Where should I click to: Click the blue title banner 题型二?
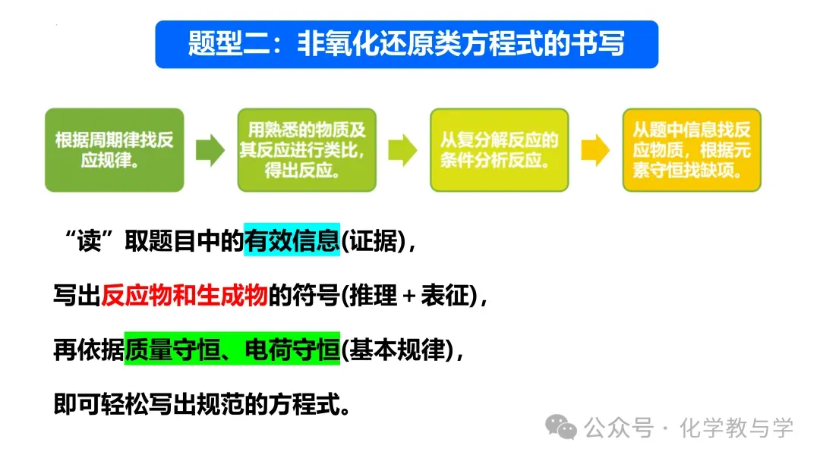pos(406,44)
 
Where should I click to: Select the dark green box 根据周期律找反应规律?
pos(115,150)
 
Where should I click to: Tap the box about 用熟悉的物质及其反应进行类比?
pos(307,150)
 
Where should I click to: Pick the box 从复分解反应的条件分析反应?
pos(499,150)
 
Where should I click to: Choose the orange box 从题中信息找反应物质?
pos(691,150)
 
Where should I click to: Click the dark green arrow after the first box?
pos(210,150)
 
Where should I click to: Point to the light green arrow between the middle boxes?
pos(402,150)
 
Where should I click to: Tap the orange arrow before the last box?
pos(594,150)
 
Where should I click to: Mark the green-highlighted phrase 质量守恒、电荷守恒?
pos(232,351)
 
